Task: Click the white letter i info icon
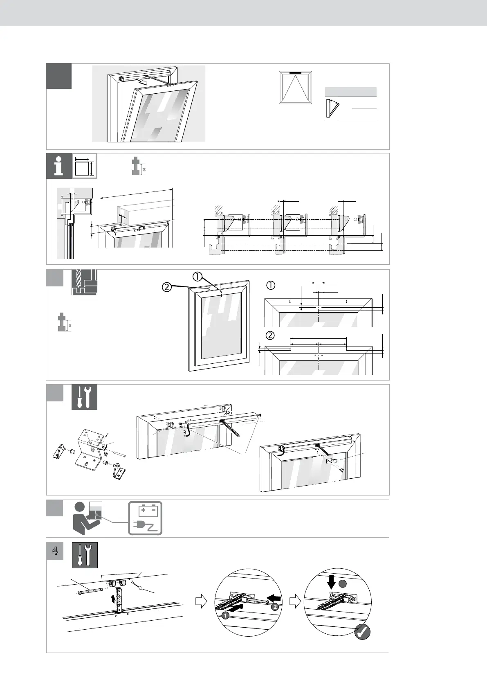coord(59,166)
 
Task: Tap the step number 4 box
coord(55,551)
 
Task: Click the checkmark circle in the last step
coord(362,644)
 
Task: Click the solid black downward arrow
coord(332,583)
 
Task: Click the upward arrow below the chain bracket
coord(113,600)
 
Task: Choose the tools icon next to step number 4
coord(85,555)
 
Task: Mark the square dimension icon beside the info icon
coord(85,167)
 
